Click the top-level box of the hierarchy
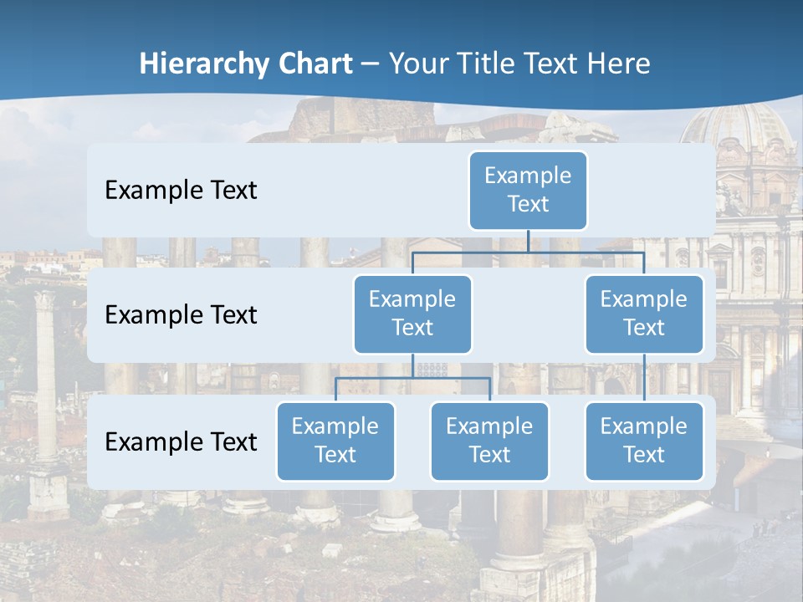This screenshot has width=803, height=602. coord(528,190)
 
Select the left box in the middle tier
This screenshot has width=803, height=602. coord(412,314)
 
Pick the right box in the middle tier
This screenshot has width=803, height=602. coord(644,314)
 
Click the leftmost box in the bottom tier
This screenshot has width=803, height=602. coord(335,441)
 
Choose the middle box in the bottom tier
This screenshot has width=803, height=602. coord(489,441)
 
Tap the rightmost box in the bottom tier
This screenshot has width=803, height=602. coord(644,441)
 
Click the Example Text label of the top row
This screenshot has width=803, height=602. coord(181,191)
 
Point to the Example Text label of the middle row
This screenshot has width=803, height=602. coord(181,315)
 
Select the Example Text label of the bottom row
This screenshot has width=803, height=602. coord(181,441)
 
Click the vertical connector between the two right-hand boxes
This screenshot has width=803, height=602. coord(644,378)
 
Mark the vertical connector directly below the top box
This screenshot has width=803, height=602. coord(528,240)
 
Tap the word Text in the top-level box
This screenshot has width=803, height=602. coord(528,204)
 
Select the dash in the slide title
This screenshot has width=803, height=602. coord(371,64)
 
